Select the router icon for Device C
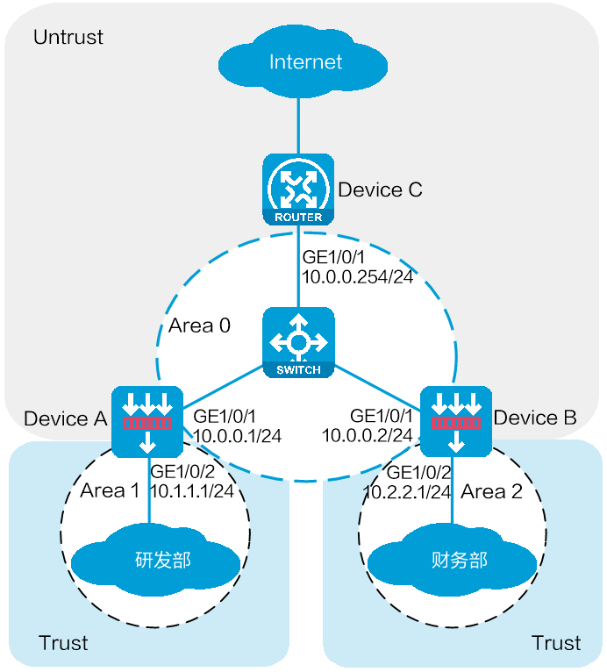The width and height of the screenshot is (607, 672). (298, 189)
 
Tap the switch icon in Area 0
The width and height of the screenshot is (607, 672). (298, 343)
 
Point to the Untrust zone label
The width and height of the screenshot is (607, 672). (68, 37)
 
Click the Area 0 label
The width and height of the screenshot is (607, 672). (199, 325)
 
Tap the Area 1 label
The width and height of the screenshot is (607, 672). (110, 490)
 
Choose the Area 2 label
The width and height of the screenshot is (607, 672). (491, 490)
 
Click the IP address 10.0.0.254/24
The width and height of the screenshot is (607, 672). (354, 276)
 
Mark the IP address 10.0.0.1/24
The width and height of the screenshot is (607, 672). (237, 434)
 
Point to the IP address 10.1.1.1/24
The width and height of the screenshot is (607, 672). (192, 490)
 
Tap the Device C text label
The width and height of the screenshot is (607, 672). (380, 189)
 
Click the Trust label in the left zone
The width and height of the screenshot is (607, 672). (63, 643)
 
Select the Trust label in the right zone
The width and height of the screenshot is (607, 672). (556, 643)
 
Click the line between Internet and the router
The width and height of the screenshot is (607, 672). (298, 122)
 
